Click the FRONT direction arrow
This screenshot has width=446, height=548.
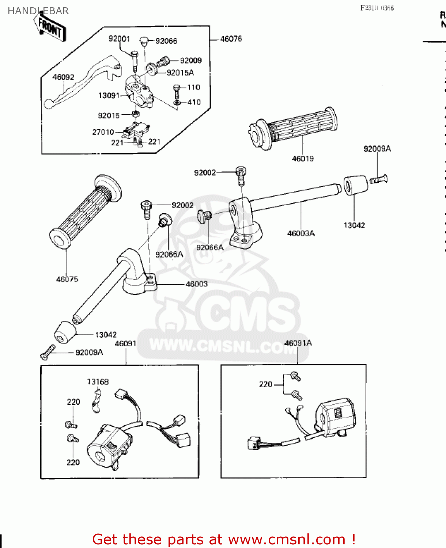[x=52, y=27]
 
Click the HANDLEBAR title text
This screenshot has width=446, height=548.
[x=38, y=11]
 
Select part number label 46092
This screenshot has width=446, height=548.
[x=63, y=77]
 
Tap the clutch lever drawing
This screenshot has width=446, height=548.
[x=80, y=82]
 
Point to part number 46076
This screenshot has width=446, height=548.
[x=231, y=39]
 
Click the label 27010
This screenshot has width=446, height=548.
[x=103, y=132]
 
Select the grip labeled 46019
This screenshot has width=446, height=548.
[x=296, y=128]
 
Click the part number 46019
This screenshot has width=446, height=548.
[x=303, y=159]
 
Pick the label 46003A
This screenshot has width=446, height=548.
[x=301, y=233]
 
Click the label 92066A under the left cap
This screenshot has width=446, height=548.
[x=169, y=254]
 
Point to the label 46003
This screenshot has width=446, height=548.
[x=197, y=284]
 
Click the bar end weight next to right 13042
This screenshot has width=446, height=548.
[x=355, y=185]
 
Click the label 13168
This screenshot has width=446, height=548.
[x=98, y=382]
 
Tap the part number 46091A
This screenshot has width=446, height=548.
[x=298, y=343]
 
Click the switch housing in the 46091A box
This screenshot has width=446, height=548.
[x=336, y=416]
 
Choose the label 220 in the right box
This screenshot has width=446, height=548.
[x=265, y=384]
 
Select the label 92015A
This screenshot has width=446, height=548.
[x=180, y=73]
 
